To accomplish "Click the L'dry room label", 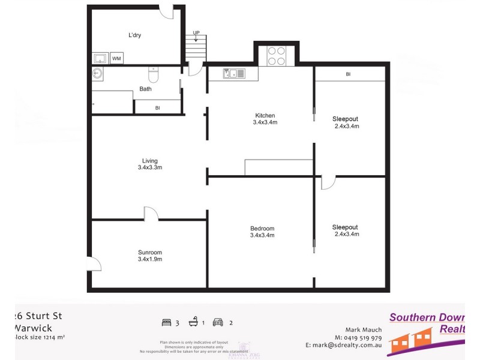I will point(134,35).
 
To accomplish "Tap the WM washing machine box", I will point(116,58).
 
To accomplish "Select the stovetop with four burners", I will point(276,56).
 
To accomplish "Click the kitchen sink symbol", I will point(234,74).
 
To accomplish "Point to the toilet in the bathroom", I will point(153,76).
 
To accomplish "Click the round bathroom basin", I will point(98,74).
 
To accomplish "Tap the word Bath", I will point(145,89).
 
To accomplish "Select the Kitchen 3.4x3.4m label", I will point(265,119).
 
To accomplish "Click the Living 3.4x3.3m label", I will point(149,164).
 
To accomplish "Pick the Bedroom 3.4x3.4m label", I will point(262,232).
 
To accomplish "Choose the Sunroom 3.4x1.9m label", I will point(149,256).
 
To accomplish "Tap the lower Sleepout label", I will point(345,230).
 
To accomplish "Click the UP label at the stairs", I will point(196,33).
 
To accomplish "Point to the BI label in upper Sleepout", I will point(348,74).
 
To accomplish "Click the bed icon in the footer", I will point(166,322).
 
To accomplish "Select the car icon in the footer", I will point(218,322).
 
